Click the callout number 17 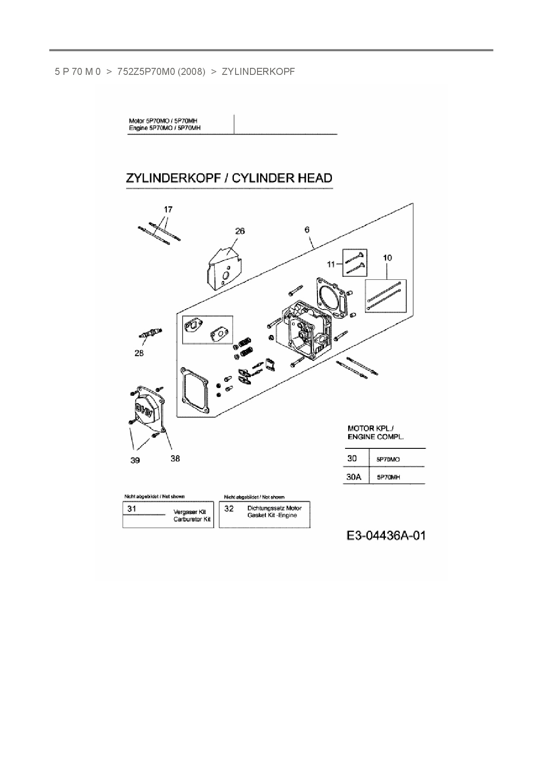168,210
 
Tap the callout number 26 240,231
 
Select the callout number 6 307,229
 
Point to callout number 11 331,264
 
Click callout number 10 388,258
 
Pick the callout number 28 139,353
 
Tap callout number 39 135,460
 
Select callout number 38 175,458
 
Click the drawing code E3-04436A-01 386,535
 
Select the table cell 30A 354,477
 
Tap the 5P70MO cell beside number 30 388,459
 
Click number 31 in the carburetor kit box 132,509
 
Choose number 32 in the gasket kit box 229,509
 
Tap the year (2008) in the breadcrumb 192,71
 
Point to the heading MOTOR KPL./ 367,428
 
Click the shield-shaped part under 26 224,271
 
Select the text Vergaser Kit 190,512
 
